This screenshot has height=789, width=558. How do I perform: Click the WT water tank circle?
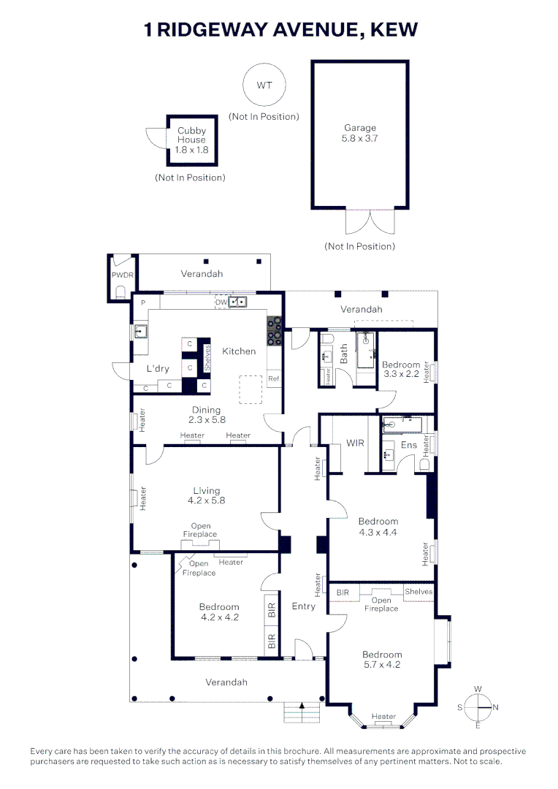pyautogui.click(x=264, y=85)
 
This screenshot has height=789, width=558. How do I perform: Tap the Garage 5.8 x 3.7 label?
pyautogui.click(x=360, y=133)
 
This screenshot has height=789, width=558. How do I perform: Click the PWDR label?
pyautogui.click(x=121, y=275)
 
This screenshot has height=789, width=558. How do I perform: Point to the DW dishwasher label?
pyautogui.click(x=221, y=302)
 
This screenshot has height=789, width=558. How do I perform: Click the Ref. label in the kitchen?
pyautogui.click(x=274, y=379)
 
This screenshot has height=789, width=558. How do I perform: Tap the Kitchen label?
pyautogui.click(x=239, y=351)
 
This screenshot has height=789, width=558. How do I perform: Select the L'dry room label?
pyautogui.click(x=158, y=369)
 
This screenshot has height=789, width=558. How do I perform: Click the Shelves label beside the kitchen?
pyautogui.click(x=207, y=358)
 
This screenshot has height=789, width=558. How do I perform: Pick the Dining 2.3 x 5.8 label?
pyautogui.click(x=206, y=415)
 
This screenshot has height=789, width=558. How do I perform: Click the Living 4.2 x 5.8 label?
pyautogui.click(x=206, y=496)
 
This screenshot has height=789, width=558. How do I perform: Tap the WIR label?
pyautogui.click(x=355, y=443)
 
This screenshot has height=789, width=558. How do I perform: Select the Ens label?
pyautogui.click(x=409, y=445)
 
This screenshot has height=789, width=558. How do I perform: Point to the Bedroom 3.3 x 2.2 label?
pyautogui.click(x=401, y=370)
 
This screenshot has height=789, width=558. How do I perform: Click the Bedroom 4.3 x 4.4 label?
pyautogui.click(x=378, y=527)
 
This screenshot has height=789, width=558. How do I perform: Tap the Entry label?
pyautogui.click(x=304, y=606)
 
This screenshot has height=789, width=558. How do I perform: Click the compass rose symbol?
pyautogui.click(x=478, y=707)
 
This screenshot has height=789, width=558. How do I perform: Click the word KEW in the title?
pyautogui.click(x=394, y=29)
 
